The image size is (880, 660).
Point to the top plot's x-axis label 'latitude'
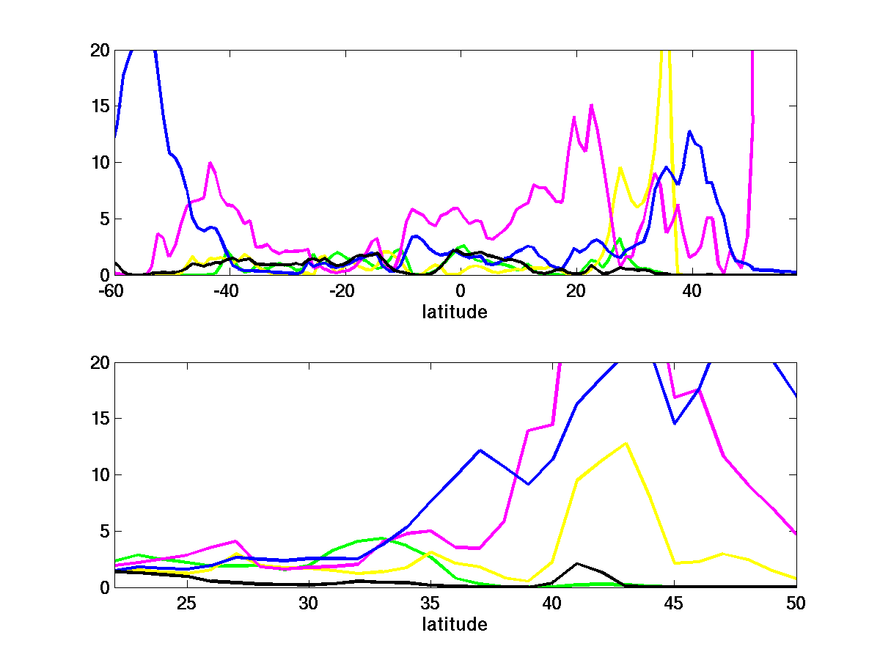455,312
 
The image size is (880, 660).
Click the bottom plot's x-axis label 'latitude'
455,624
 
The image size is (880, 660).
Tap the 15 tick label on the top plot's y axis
99,106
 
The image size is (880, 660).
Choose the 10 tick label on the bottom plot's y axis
99,475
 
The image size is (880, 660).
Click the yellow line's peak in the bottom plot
626,443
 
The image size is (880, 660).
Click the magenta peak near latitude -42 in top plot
210,163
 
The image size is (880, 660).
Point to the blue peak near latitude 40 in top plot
689,132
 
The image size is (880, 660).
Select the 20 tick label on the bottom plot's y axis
99,363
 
